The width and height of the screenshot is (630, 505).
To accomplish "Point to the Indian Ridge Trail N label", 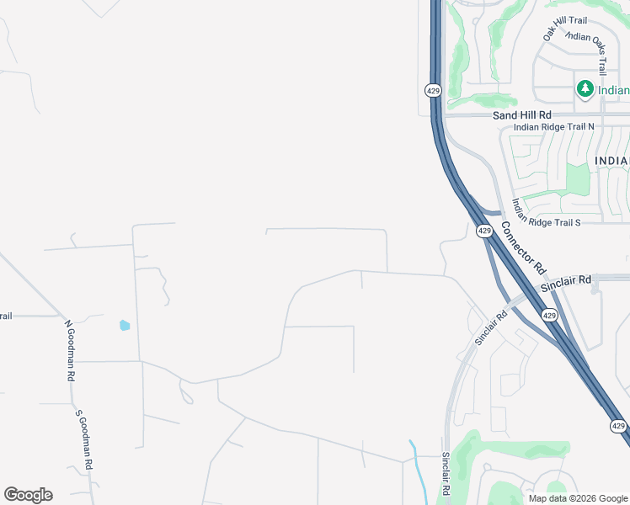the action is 553,127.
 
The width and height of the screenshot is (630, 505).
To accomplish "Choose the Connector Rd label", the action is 524,248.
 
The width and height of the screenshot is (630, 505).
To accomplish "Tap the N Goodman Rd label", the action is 70,350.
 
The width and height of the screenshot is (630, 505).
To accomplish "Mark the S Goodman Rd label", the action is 84,439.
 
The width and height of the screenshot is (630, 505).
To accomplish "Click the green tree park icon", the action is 585,89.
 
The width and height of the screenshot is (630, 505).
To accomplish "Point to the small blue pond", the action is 125,325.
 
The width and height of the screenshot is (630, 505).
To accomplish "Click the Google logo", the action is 28,495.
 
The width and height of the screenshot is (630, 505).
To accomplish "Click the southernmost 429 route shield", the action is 619,427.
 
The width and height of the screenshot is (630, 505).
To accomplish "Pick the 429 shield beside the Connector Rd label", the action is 484,231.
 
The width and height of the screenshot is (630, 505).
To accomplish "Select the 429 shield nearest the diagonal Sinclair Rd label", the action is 549,315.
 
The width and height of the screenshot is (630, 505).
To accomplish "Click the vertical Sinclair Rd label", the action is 446,473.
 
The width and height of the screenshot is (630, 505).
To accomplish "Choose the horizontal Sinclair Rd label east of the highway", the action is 566,284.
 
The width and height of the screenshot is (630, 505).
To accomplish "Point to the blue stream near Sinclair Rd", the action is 417,467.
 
